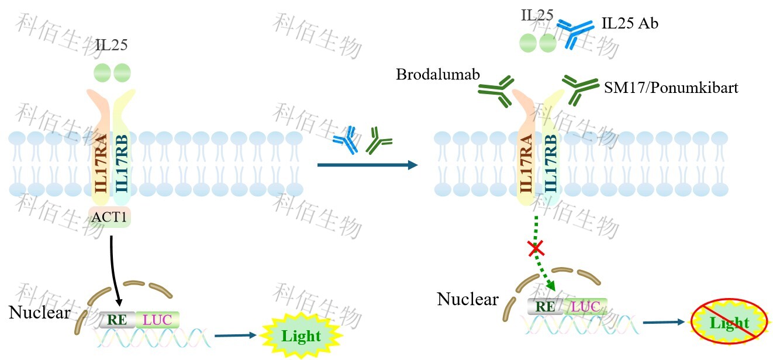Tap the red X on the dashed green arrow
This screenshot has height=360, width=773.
coord(535,250)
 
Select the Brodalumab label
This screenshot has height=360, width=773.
coord(438,75)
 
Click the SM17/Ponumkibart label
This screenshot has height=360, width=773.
coord(671,88)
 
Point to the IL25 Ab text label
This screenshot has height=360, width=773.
coord(630,24)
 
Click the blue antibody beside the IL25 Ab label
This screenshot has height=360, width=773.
coord(575,33)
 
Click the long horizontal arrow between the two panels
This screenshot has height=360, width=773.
coord(367,165)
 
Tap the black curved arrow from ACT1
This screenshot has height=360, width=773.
coord(115,269)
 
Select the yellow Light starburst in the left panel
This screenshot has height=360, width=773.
coord(301,336)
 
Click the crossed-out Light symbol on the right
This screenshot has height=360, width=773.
coord(729,322)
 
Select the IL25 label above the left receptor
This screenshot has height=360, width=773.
coord(112,45)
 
